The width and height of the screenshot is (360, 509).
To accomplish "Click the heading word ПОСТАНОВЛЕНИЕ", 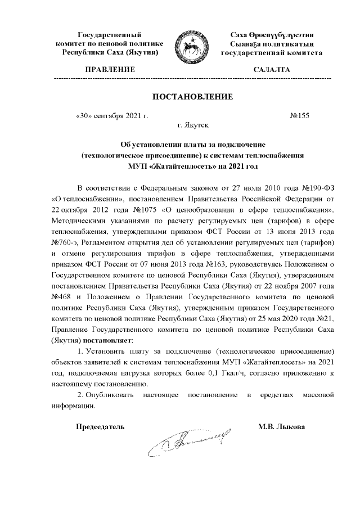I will [x=192, y=97].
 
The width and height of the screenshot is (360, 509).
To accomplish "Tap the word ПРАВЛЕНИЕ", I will [x=110, y=70].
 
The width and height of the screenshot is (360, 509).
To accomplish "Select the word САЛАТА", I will [x=272, y=70].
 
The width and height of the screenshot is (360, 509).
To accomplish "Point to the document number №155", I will [x=301, y=116].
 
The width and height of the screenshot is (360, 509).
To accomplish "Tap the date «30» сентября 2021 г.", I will [x=111, y=116].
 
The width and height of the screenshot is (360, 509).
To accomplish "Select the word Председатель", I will [x=100, y=426].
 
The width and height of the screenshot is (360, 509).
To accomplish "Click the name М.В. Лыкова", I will [x=282, y=426].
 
